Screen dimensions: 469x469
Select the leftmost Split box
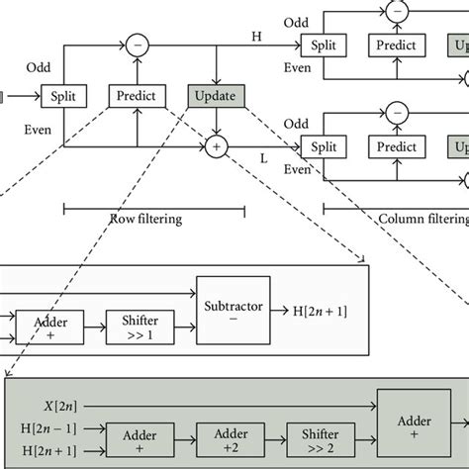point(64,96)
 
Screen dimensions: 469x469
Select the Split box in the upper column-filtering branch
point(323,45)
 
